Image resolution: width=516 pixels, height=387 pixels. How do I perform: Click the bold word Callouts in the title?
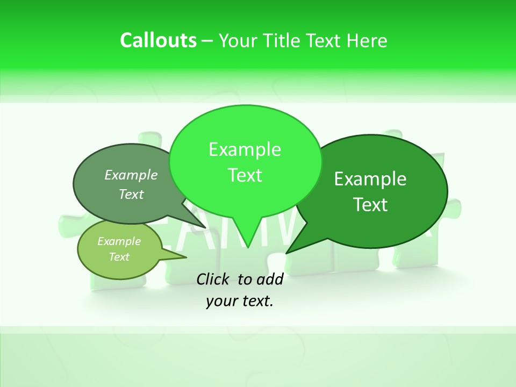tap(158, 40)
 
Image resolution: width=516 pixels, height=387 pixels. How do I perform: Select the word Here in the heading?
tap(368, 40)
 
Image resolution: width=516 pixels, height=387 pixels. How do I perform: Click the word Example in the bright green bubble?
tap(245, 149)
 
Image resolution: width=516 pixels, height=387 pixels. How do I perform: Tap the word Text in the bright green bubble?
tap(245, 175)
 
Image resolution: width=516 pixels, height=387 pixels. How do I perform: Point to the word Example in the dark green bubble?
tap(370, 179)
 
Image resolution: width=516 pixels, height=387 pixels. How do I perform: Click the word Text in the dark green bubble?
tap(370, 205)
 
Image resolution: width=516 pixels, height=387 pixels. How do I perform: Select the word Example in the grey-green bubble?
tap(131, 175)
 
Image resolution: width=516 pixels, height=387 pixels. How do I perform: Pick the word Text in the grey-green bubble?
tap(131, 195)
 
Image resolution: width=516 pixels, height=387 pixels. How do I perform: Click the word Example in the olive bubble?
tap(119, 241)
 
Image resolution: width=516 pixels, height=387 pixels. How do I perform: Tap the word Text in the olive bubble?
tap(119, 257)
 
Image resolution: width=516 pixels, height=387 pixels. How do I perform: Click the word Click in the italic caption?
tap(213, 279)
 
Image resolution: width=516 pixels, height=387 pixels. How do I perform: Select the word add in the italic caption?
tap(270, 279)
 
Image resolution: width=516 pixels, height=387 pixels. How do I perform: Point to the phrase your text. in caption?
tap(240, 301)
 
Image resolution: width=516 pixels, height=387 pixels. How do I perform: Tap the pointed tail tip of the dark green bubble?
tap(287, 252)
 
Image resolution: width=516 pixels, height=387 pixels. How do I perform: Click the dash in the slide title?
tap(208, 41)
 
